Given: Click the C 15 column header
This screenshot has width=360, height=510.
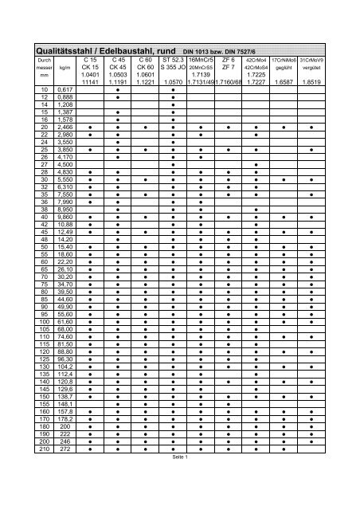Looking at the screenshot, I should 90,60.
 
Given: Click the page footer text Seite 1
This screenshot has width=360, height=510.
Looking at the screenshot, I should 179,457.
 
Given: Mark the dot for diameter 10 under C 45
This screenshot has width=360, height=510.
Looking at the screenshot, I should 118,90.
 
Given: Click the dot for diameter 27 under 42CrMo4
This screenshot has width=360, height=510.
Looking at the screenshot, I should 256,165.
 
